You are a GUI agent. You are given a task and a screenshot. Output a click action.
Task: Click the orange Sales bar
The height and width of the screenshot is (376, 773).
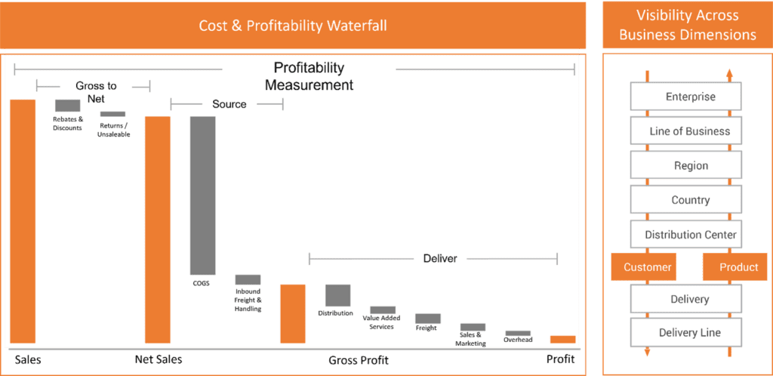click(23, 221)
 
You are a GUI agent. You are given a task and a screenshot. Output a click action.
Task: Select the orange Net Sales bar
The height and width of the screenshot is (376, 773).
click(157, 230)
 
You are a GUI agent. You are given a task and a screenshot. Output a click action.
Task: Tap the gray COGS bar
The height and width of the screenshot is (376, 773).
click(202, 195)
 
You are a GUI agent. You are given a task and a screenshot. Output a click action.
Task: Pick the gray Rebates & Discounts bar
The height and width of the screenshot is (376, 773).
click(67, 106)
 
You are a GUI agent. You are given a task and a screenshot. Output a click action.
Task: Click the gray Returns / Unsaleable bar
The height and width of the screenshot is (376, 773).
click(113, 114)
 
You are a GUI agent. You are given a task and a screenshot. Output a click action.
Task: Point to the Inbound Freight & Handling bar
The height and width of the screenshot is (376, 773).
click(248, 279)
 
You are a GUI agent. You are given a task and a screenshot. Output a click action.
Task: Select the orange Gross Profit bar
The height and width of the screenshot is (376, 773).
click(293, 313)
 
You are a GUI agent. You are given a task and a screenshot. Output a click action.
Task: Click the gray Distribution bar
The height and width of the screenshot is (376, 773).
click(337, 295)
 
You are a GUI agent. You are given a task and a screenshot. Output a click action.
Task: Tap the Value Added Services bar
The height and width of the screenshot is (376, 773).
click(383, 310)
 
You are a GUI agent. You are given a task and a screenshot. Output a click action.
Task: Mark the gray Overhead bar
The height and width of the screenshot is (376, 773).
click(518, 333)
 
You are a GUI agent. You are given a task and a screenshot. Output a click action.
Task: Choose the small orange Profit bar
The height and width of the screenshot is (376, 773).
click(563, 339)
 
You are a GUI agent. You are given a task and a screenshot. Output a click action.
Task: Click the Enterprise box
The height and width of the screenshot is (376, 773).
click(686, 97)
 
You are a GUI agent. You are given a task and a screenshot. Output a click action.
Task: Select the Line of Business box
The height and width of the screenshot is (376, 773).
click(686, 131)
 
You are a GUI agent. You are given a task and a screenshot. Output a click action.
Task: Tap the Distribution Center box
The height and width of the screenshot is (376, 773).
click(686, 235)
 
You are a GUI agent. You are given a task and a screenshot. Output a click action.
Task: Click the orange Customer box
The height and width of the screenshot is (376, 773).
click(643, 267)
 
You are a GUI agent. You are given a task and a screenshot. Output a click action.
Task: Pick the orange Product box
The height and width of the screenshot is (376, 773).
click(735, 267)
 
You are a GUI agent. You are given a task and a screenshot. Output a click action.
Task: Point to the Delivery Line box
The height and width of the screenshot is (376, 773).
click(686, 333)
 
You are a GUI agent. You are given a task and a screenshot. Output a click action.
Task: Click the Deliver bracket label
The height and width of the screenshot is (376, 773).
click(440, 258)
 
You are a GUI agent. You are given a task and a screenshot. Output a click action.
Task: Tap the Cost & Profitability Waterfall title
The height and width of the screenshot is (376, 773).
click(293, 26)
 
